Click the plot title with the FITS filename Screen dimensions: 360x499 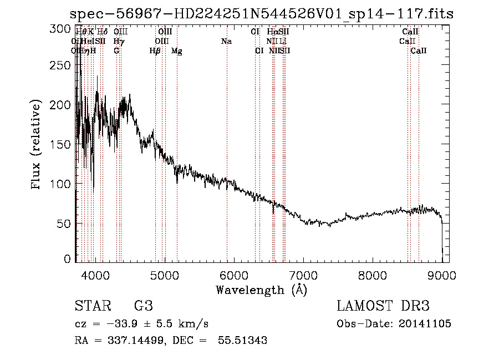pyautogui.click(x=263, y=14)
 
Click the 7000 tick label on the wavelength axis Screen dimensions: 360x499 pyautogui.click(x=303, y=275)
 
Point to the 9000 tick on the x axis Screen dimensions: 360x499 pyautogui.click(x=442, y=275)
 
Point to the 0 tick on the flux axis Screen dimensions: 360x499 pyautogui.click(x=68, y=259)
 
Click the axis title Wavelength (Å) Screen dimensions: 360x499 pyautogui.click(x=261, y=290)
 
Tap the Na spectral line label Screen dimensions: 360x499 pyautogui.click(x=226, y=42)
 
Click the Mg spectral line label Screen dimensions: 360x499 pyautogui.click(x=177, y=51)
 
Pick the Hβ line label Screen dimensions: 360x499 pyautogui.click(x=155, y=51)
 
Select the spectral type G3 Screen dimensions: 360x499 pyautogui.click(x=144, y=306)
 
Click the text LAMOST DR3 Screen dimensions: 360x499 pyautogui.click(x=383, y=306)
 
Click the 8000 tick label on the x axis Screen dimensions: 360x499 pyautogui.click(x=372, y=275)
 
